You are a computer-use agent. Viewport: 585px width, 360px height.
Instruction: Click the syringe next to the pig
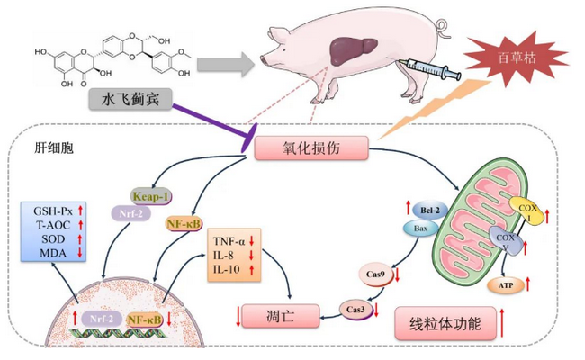coord(433,66)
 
